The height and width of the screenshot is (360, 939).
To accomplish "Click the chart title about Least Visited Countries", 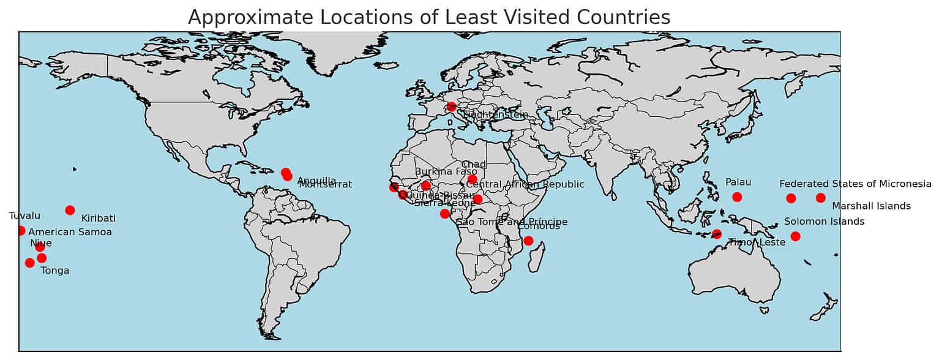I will click(428, 17).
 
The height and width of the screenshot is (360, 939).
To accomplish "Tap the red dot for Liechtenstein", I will click(452, 107).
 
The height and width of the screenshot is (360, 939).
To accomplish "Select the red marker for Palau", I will click(737, 197).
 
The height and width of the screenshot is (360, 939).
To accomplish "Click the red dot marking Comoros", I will click(528, 241).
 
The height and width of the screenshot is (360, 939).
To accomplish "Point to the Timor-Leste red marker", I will click(717, 234).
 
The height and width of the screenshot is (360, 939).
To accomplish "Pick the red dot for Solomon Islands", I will click(795, 236).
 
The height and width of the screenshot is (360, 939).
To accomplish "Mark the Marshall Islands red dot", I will click(820, 197).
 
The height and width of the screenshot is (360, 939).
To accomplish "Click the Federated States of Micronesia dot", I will click(791, 198).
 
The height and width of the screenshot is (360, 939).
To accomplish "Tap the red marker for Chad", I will click(472, 179).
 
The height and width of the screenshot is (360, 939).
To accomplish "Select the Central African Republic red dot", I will click(477, 199).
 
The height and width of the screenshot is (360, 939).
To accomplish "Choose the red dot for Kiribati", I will click(70, 210).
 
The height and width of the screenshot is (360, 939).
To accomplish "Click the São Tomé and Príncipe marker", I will click(444, 214).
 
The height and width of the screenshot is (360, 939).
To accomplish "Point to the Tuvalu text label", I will click(24, 216).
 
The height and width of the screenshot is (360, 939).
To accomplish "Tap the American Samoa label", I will click(70, 232).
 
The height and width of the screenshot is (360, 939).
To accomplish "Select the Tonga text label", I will click(55, 271).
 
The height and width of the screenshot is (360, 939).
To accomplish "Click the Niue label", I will click(41, 243).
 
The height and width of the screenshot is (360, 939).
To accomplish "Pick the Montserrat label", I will click(325, 184).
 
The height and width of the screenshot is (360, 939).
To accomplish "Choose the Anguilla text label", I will click(316, 181).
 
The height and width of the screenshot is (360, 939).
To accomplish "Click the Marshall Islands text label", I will click(871, 206).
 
